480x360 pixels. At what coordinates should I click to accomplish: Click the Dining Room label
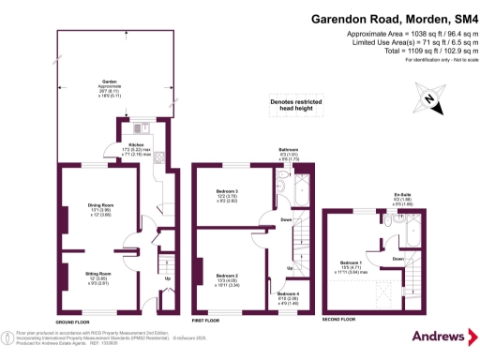[x=99, y=205]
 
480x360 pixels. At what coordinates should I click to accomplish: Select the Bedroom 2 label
[x=228, y=252]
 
